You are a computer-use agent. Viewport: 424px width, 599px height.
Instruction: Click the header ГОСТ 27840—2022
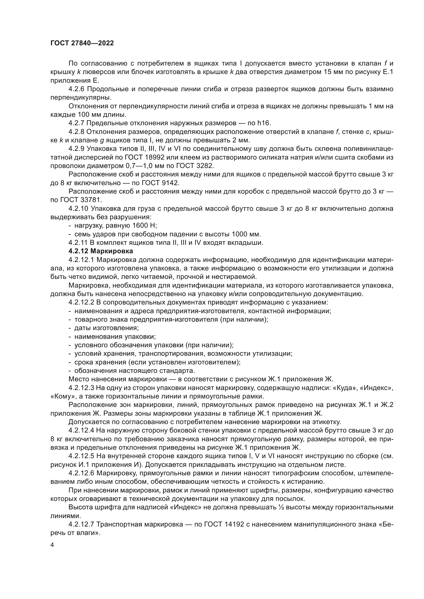82,43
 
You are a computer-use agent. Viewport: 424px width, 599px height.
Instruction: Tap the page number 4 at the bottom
52,545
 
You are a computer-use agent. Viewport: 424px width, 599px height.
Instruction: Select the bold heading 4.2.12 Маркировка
101,251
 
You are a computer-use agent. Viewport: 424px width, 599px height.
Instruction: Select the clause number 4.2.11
78,243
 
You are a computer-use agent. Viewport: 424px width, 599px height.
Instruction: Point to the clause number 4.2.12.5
81,456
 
